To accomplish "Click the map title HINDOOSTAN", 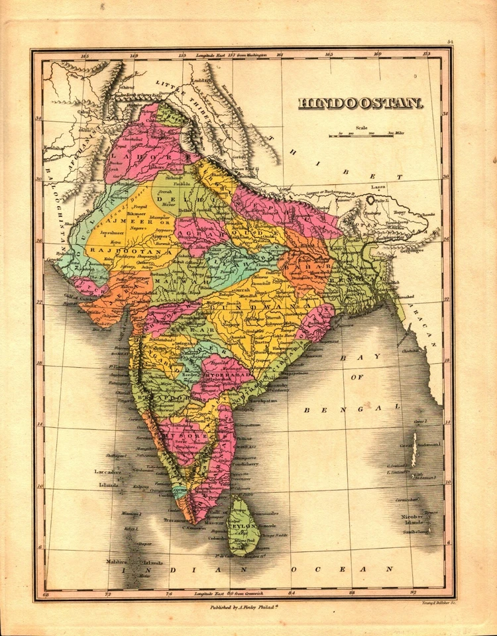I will [x=360, y=103].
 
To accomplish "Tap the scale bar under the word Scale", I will [x=362, y=135].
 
